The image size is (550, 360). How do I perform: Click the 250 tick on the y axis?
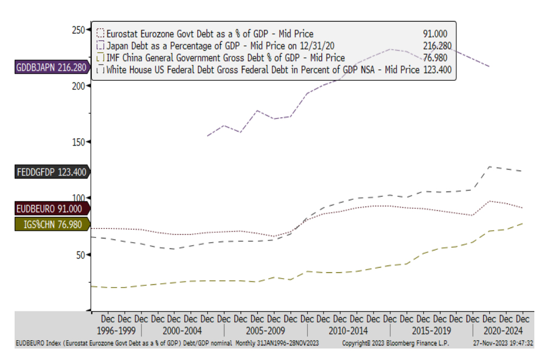pos(78,29)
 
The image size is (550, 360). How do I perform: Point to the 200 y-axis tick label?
pos(78,86)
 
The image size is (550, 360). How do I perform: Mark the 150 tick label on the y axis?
pos(78,142)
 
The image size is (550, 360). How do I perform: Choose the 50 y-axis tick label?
pos(80,255)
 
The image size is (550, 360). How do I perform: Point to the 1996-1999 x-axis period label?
pos(116,330)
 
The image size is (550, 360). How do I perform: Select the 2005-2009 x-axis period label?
pos(266,330)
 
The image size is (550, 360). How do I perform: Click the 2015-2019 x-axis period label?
pos(431,330)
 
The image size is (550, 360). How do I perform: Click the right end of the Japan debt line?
pos(489,66)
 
